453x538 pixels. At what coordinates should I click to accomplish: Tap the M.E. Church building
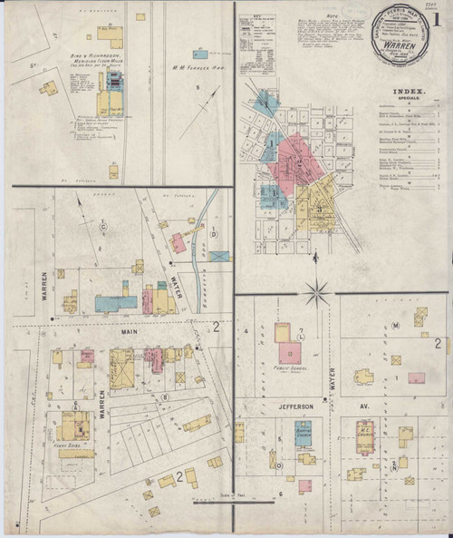(361, 435)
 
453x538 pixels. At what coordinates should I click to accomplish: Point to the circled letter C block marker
(102, 224)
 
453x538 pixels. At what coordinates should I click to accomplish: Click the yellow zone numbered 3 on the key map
(320, 209)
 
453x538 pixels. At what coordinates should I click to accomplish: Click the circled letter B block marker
(165, 396)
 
